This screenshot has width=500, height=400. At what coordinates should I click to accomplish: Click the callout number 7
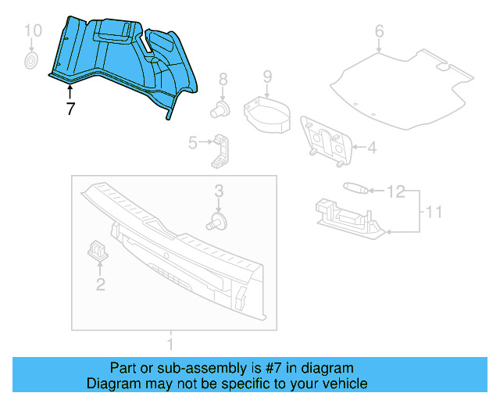pyautogui.click(x=70, y=109)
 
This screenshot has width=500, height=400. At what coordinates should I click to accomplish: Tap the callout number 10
pyautogui.click(x=32, y=30)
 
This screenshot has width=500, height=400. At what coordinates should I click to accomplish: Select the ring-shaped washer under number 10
pyautogui.click(x=32, y=60)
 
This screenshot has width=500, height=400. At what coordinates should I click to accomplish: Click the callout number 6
pyautogui.click(x=379, y=32)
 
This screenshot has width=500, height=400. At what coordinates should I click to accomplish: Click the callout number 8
pyautogui.click(x=223, y=79)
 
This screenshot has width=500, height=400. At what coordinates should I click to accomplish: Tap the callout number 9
pyautogui.click(x=266, y=77)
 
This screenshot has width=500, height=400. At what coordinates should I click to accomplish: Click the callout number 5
pyautogui.click(x=192, y=142)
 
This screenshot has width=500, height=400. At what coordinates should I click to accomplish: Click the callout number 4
pyautogui.click(x=372, y=147)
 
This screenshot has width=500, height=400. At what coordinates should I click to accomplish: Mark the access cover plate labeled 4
pyautogui.click(x=327, y=141)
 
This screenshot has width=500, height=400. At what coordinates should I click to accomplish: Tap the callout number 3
pyautogui.click(x=219, y=191)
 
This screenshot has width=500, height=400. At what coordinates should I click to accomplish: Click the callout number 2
pyautogui.click(x=100, y=284)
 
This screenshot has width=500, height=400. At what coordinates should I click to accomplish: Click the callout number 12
pyautogui.click(x=396, y=191)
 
